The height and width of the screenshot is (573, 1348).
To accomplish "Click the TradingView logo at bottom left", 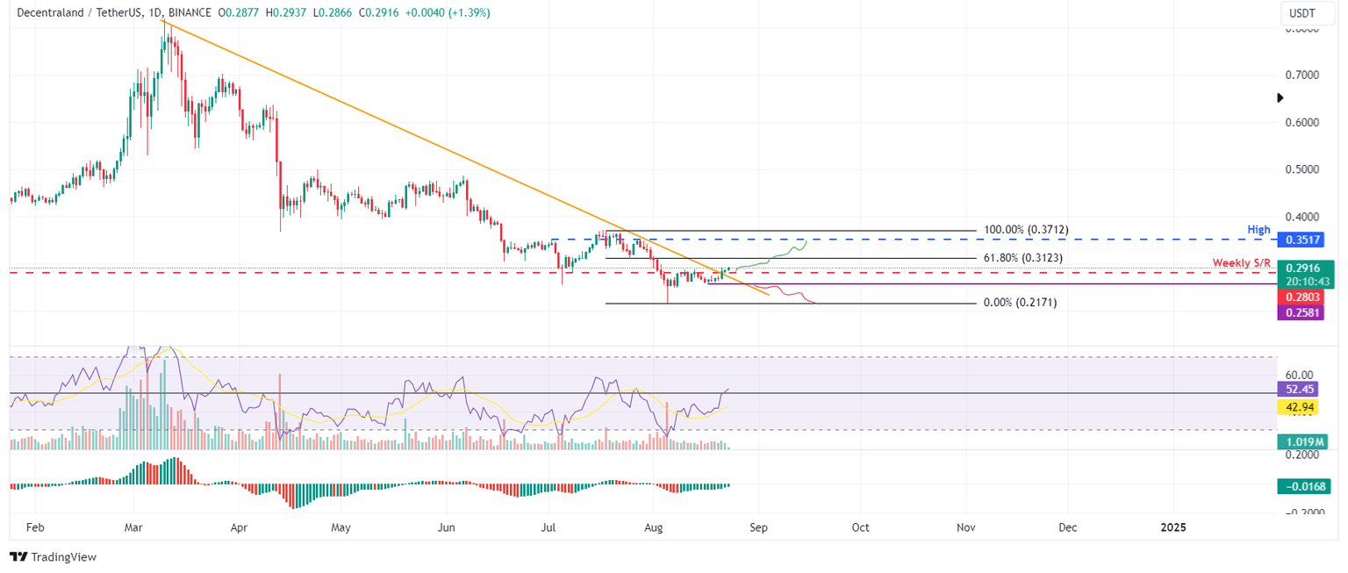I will click(53, 556).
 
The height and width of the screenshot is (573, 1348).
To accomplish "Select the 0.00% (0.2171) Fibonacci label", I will click(1019, 303).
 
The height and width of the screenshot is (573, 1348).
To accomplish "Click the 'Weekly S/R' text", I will click(1241, 263).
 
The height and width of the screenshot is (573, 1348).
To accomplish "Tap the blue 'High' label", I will click(1258, 230).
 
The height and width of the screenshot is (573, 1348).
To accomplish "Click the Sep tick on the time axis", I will click(759, 527).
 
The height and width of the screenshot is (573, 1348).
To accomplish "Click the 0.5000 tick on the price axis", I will click(1302, 168).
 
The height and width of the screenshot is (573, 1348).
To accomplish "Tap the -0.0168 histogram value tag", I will click(1303, 485).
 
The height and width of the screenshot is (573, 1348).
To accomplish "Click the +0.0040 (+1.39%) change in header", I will click(448, 13).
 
